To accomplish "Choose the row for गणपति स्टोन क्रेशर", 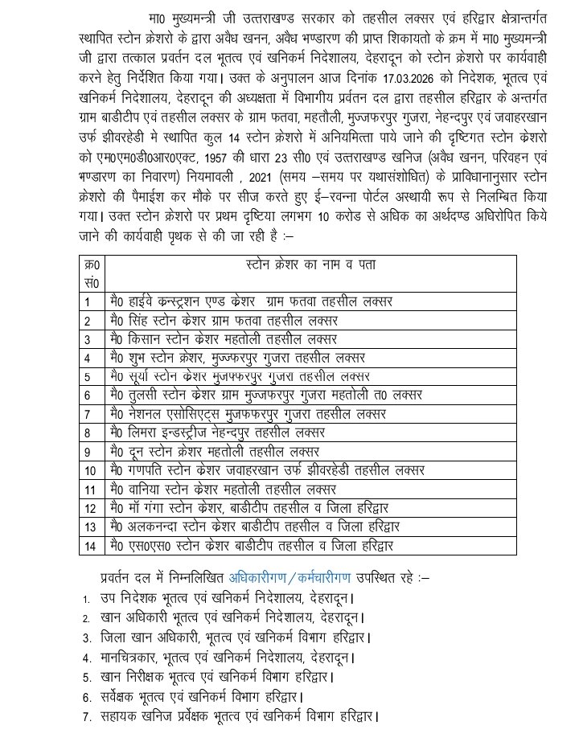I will tap(265, 469).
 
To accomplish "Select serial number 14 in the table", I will tap(90, 545).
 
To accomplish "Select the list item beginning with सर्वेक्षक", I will tap(205, 695).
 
